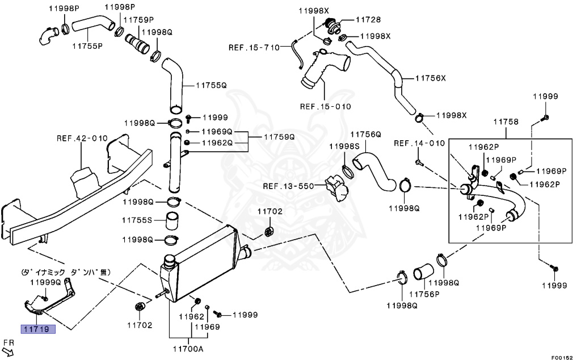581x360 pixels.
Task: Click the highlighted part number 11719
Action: [38, 329]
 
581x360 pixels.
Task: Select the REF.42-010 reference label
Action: [82, 138]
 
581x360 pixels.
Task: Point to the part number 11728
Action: [368, 19]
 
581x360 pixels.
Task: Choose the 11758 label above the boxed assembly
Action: [506, 122]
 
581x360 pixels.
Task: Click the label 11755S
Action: [137, 220]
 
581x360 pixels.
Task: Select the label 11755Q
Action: [211, 85]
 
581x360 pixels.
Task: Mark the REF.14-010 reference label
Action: [419, 143]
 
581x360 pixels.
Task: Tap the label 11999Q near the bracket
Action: [45, 282]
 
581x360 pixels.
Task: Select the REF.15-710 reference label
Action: [254, 47]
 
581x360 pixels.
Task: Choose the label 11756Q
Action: [365, 135]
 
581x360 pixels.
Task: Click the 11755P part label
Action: [87, 45]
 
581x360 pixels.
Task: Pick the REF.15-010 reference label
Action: [326, 106]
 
